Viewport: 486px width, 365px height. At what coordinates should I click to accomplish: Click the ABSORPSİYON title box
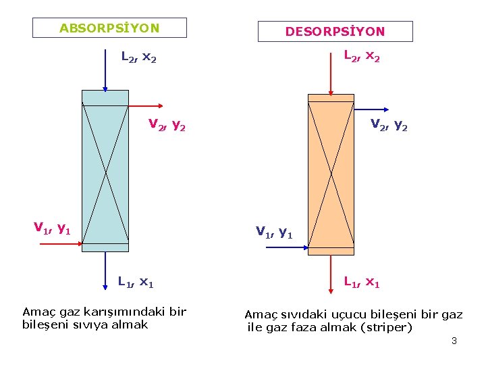click(x=109, y=28)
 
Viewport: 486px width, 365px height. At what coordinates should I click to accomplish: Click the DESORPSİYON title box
click(x=335, y=31)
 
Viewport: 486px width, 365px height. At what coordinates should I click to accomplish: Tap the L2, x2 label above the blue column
click(x=138, y=58)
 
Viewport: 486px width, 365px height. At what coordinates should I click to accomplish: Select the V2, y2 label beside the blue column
click(x=167, y=125)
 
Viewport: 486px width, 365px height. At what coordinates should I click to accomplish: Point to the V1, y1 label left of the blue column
click(x=53, y=228)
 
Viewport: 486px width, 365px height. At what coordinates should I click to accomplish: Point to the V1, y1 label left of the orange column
click(x=274, y=233)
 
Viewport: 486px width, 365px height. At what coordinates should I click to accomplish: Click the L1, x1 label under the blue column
click(x=136, y=281)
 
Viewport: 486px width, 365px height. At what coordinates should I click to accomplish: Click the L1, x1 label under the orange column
click(x=362, y=281)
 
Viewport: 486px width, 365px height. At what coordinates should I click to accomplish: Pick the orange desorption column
click(x=331, y=174)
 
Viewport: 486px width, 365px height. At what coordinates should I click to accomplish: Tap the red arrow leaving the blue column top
click(x=145, y=105)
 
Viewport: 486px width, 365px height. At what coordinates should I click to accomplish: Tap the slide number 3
click(x=454, y=341)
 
